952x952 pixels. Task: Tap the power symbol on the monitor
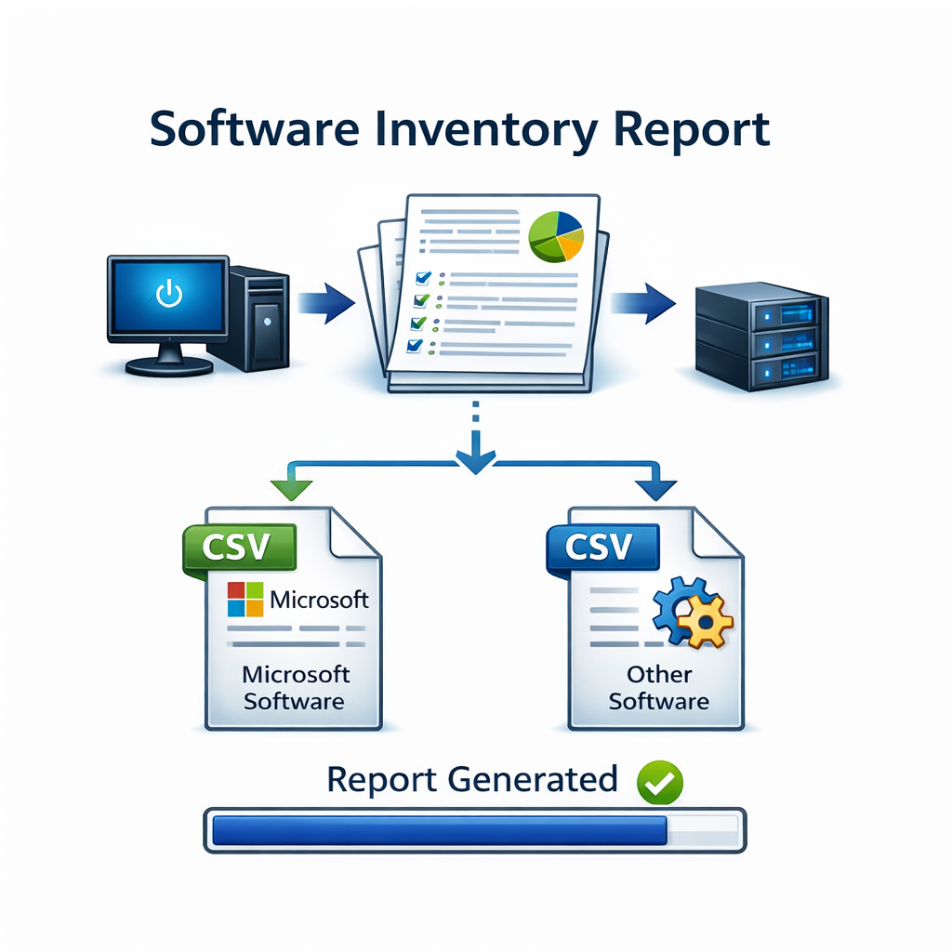pos(168,295)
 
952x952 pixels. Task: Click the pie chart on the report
pos(555,234)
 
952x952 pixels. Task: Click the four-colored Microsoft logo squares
pos(246,600)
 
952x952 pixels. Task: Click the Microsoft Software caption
pos(295,687)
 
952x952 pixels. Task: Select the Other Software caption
pos(658,687)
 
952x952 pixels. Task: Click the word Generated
pos(533,779)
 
